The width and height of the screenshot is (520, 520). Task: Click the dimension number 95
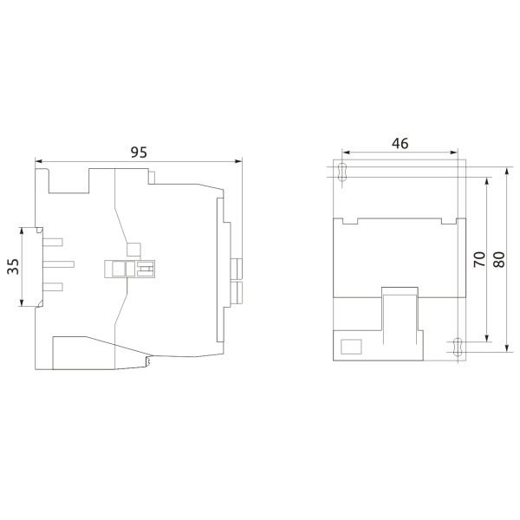click(x=139, y=151)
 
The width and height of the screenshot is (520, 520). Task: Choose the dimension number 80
click(x=499, y=257)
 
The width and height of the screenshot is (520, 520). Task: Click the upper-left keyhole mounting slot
click(x=342, y=171)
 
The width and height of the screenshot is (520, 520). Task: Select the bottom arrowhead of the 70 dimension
click(x=488, y=339)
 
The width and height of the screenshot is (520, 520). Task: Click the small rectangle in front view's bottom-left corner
click(x=351, y=347)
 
